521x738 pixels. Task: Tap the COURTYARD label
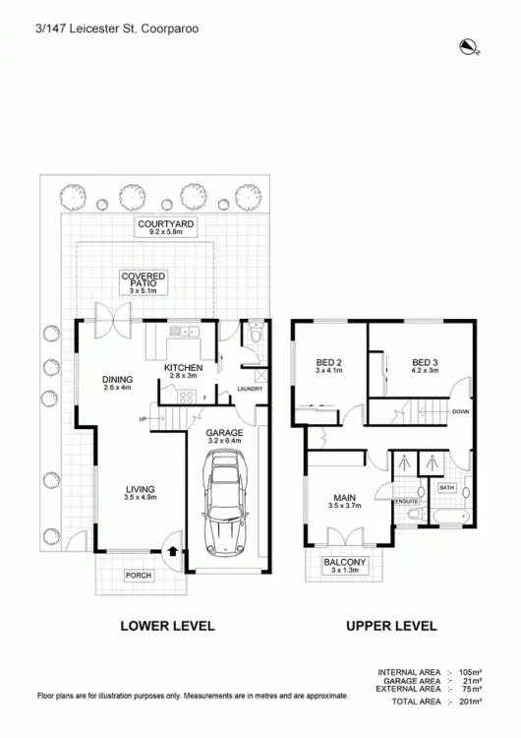[x=166, y=225]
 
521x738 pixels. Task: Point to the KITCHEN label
[x=183, y=369]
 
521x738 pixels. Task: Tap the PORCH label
[x=138, y=576]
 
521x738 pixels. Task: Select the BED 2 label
[x=328, y=362]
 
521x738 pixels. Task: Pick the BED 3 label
[x=425, y=362]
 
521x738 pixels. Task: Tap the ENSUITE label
[x=407, y=501]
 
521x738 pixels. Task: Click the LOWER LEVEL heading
[x=166, y=626]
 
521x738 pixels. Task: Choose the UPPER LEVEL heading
[x=390, y=626]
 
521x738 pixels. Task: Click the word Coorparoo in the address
[x=170, y=30]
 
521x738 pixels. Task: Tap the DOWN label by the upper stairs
[x=460, y=411]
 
